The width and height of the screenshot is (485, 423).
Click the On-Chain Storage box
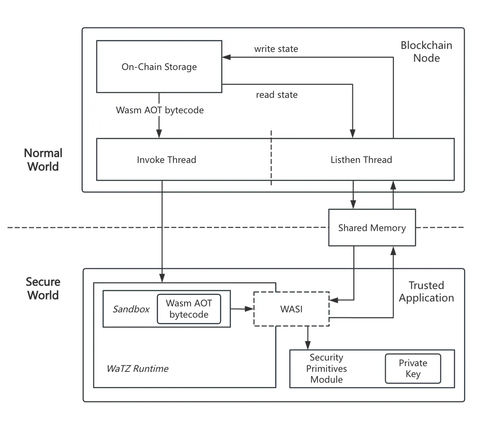(159, 67)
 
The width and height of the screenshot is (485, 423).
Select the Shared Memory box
(372, 228)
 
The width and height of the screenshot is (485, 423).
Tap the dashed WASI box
(291, 309)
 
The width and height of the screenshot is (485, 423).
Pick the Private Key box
(413, 368)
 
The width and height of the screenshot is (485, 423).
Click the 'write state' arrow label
(276, 49)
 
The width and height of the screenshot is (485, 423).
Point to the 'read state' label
(277, 95)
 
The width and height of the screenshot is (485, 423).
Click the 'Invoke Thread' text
(166, 160)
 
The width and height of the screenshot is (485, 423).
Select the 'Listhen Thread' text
(361, 160)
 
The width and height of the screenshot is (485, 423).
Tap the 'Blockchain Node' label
(426, 52)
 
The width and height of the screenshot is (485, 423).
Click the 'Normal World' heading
(43, 160)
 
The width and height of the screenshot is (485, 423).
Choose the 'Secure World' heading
(43, 288)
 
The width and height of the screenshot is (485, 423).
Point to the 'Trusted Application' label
(426, 292)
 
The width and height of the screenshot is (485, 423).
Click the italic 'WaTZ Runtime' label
(137, 368)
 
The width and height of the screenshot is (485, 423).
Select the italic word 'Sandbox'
(131, 309)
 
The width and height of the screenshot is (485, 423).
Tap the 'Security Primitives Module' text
(326, 368)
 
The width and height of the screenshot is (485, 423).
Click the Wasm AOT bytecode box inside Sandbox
(189, 309)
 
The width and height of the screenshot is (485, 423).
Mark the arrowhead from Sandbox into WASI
(250, 309)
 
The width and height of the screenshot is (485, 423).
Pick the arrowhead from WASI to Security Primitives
(308, 345)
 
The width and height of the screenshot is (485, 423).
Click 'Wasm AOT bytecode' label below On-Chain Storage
(160, 110)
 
